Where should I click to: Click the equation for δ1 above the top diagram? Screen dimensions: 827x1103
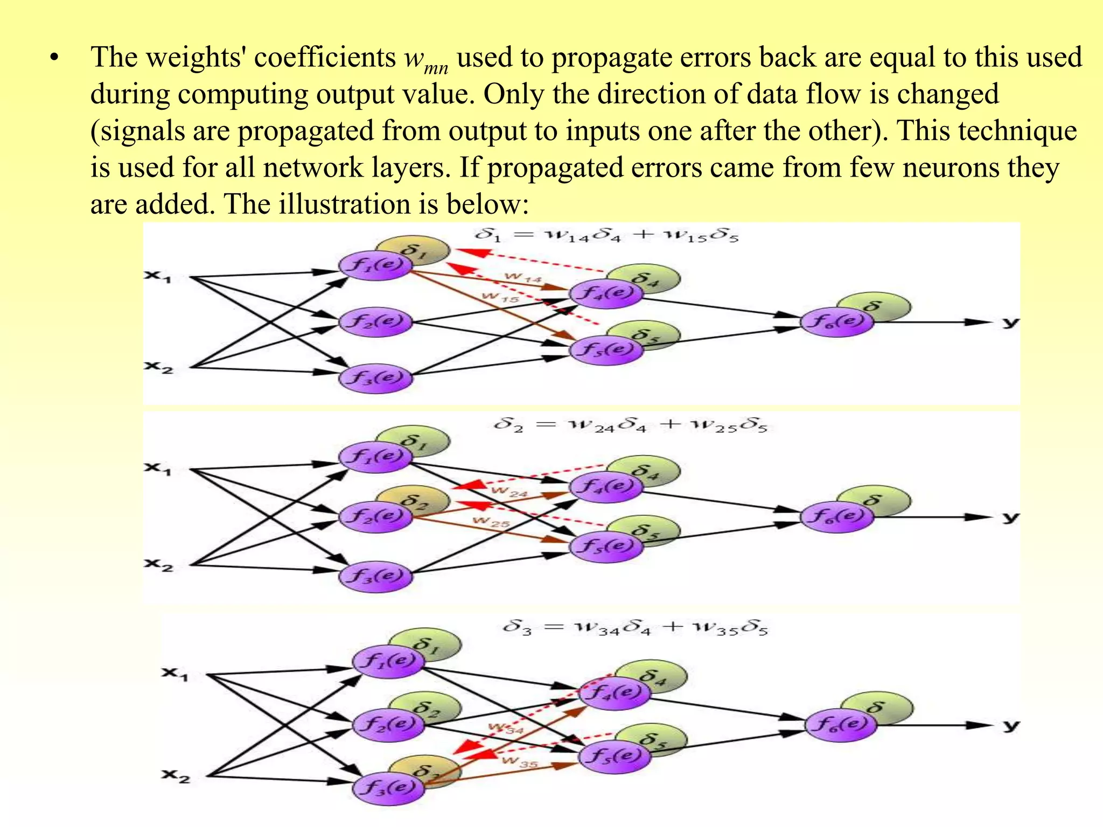[606, 235]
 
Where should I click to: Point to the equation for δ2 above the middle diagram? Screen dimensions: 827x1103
[630, 425]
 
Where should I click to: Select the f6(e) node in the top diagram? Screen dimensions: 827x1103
[836, 322]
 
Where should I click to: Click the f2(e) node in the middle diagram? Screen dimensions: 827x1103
[375, 516]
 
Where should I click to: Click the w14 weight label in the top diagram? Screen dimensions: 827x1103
[522, 278]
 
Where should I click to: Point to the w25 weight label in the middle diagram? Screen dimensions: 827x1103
[490, 522]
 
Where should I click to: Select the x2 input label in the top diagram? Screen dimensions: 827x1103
[158, 368]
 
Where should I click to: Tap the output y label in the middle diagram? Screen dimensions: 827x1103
[1010, 517]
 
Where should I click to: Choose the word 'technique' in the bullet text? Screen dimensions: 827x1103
[1017, 131]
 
